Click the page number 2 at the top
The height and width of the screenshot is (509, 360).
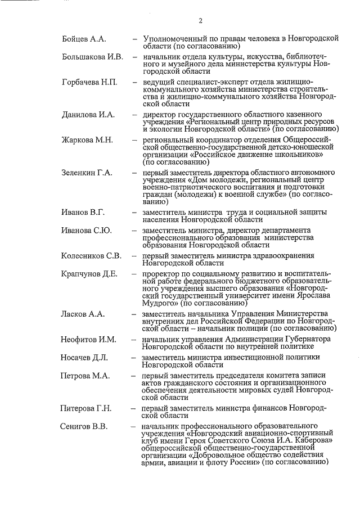click(x=200, y=21)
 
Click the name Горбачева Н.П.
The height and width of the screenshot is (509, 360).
click(x=89, y=83)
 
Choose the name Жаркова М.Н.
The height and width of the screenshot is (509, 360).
click(x=88, y=140)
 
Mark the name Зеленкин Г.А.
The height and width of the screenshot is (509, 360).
click(x=88, y=173)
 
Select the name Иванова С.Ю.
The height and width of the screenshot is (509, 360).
click(x=87, y=230)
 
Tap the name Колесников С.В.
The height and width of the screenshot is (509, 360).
click(x=92, y=255)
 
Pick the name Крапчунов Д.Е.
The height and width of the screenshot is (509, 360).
click(x=89, y=274)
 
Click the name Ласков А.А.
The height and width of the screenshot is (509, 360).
click(x=84, y=313)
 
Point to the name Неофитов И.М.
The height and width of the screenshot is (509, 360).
click(x=88, y=339)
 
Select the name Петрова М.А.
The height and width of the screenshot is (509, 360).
click(x=85, y=376)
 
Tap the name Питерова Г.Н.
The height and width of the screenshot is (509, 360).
click(x=87, y=407)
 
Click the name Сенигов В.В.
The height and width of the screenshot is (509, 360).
click(x=84, y=426)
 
